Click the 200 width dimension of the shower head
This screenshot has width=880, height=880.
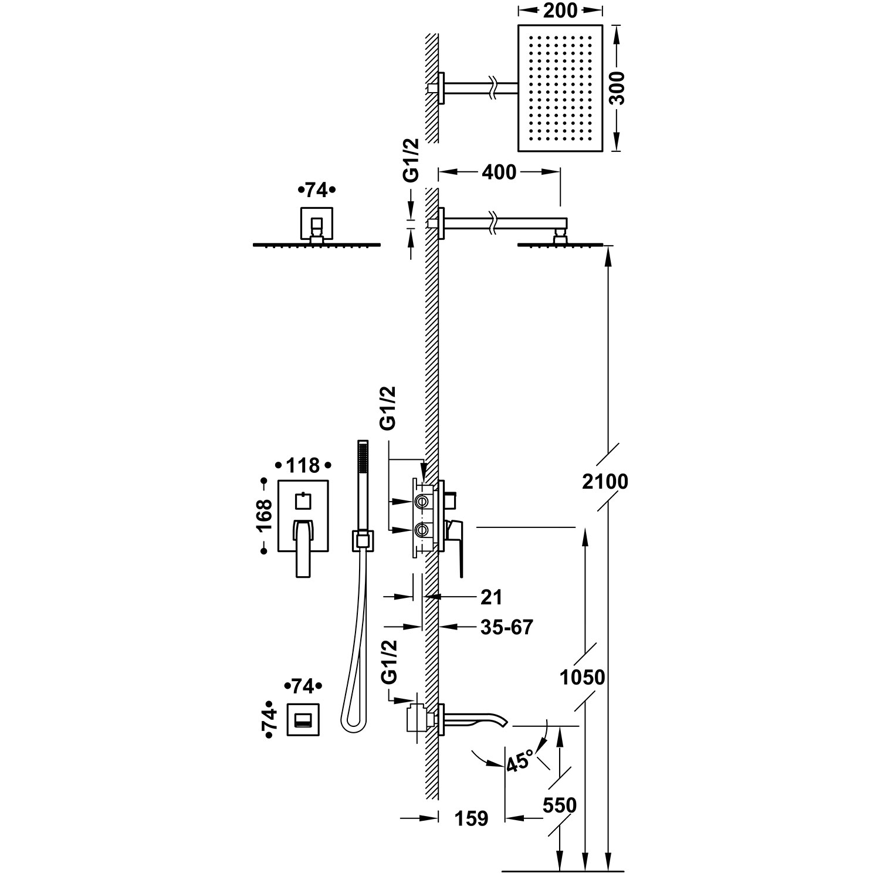[560, 10]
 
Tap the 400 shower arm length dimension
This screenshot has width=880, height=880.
[499, 172]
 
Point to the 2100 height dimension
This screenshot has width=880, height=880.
[605, 482]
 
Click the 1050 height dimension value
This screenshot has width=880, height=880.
[582, 678]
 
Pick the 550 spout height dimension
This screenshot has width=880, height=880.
[560, 805]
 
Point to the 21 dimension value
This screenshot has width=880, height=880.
[492, 597]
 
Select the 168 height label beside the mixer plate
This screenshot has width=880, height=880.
[265, 515]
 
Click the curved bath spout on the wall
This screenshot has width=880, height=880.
[472, 718]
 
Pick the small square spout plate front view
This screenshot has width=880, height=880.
[303, 719]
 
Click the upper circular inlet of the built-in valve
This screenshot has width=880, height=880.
[421, 502]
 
